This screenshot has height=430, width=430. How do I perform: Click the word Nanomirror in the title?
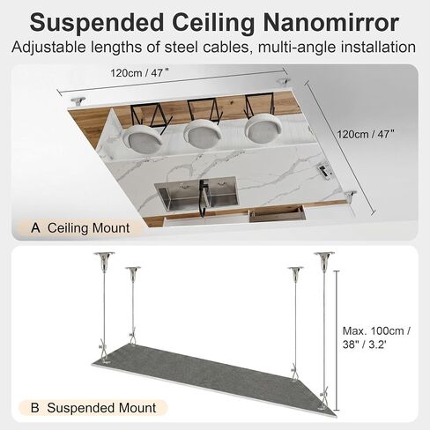331,22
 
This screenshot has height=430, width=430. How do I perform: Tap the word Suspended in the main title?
97,23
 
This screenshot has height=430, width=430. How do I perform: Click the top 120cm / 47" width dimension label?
140,72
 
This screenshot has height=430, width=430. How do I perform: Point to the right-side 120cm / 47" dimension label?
366,134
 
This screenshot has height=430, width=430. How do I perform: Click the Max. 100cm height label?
376,337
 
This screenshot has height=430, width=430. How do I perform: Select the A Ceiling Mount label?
80,228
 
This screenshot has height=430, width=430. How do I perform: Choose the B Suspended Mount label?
93,408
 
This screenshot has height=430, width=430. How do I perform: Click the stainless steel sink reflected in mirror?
196,193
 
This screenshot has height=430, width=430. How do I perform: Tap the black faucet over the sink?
203,197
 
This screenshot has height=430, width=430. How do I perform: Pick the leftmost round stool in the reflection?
142,139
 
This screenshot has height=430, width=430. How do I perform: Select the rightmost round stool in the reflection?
263,129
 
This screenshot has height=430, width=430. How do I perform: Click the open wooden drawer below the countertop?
276,213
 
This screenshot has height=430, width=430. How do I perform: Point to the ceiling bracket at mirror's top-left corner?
78,101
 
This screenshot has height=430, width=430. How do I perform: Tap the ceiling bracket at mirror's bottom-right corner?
351,196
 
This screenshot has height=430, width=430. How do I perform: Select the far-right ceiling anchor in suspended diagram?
324,259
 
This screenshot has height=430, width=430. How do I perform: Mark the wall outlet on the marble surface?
325,171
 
